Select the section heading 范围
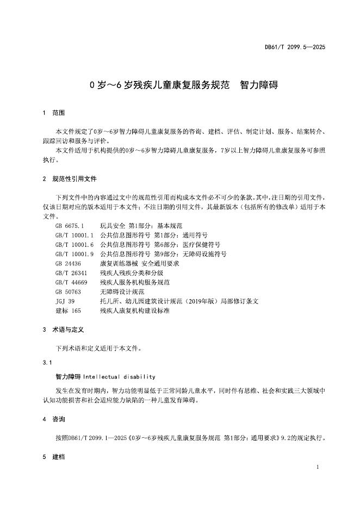[58, 113]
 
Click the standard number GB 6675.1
[70, 225]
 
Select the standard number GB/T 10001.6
[75, 244]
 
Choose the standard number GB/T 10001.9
[75, 253]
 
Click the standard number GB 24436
[67, 263]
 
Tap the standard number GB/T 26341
[71, 272]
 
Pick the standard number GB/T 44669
[71, 282]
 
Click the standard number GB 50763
[67, 291]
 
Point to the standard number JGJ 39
[65, 301]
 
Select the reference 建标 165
[68, 311]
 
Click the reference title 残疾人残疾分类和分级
[132, 272]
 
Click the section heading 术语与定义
[68, 330]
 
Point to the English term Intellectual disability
[119, 376]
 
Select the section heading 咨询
[58, 419]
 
